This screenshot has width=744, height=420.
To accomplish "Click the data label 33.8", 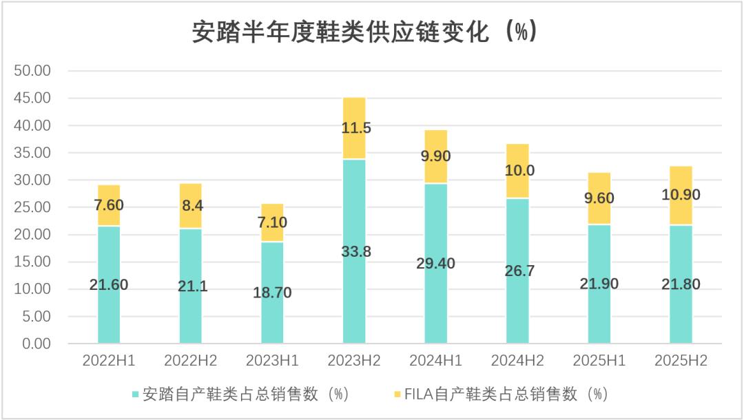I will (355, 252).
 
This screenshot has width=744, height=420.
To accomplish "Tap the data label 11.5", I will (355, 128).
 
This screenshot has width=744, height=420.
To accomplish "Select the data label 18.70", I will (272, 293).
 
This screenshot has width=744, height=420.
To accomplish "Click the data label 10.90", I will (681, 195).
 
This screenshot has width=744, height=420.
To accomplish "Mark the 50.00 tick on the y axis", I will (32, 71).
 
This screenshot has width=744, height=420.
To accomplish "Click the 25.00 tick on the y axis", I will (32, 207).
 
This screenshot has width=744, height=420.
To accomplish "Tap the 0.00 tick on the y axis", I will (37, 344).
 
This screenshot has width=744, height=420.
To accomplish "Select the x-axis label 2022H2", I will (190, 361).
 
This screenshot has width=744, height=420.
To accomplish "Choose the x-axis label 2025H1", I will (599, 361).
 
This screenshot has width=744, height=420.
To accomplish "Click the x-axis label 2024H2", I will (517, 361).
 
